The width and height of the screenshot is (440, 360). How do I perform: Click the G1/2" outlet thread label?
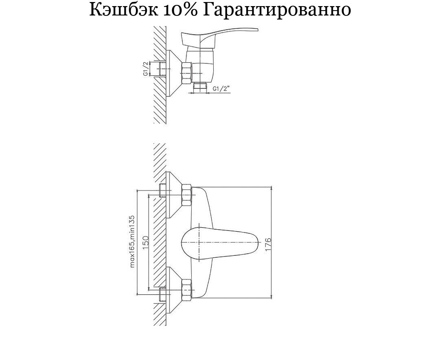click(x=221, y=89)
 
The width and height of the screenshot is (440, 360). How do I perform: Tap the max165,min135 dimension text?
click(x=133, y=241)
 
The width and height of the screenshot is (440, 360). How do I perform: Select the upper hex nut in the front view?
click(x=187, y=195)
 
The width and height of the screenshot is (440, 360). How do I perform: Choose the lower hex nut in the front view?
click(x=187, y=290)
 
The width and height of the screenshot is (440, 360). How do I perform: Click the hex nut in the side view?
click(x=187, y=73)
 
